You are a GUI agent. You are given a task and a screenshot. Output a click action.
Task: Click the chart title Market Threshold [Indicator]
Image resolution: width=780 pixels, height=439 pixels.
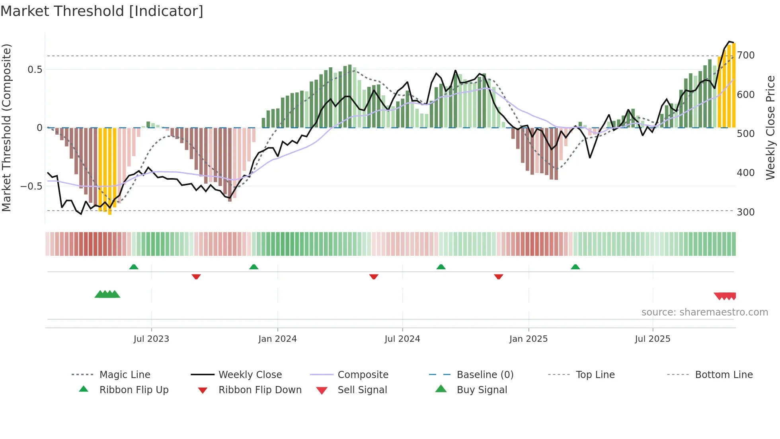[102, 11]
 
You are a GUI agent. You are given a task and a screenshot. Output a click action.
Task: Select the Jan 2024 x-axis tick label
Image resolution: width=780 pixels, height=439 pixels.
[277, 339]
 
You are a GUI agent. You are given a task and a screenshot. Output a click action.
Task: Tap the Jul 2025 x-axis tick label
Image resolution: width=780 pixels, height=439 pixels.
[652, 339]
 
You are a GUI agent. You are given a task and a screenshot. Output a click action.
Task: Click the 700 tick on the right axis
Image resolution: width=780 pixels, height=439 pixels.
[745, 55]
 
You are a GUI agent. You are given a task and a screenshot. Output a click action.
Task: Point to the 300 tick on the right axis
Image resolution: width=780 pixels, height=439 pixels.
[745, 212]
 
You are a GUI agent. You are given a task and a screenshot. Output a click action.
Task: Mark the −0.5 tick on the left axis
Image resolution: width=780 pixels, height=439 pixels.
[31, 186]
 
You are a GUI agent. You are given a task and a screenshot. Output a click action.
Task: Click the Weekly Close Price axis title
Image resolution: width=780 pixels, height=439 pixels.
[770, 127]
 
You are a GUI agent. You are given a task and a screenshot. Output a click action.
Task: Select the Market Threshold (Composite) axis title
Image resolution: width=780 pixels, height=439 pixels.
[6, 127]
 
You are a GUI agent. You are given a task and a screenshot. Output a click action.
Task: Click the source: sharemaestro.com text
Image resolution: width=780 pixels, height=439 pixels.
[704, 312]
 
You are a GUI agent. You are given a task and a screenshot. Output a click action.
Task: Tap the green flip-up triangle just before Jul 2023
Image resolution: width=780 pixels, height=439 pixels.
[134, 267]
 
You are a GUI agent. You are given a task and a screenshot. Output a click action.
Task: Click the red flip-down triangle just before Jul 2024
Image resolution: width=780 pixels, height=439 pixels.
[373, 276]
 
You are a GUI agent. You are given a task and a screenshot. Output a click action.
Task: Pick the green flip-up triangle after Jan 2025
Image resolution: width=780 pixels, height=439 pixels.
[575, 267]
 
